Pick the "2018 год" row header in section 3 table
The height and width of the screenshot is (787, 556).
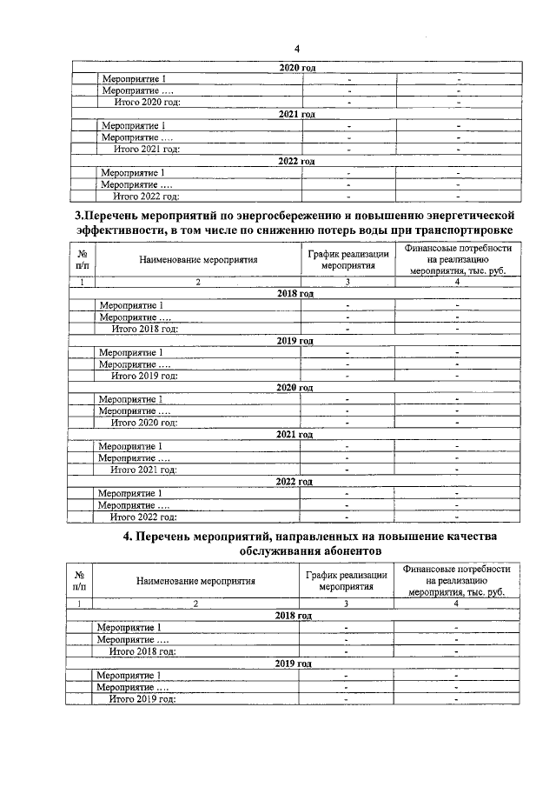point(295,294)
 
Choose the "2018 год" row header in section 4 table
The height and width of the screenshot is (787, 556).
point(293,615)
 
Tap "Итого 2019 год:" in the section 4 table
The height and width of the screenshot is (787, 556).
point(142,698)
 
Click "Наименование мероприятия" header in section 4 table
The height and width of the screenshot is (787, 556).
point(195,582)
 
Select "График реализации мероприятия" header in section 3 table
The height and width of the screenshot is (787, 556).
point(347,260)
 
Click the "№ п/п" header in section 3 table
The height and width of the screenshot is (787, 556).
point(83,260)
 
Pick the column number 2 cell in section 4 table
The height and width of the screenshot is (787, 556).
point(196,603)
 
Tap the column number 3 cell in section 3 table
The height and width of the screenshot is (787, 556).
point(347,282)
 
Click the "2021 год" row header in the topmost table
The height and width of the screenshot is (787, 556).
point(296,114)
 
